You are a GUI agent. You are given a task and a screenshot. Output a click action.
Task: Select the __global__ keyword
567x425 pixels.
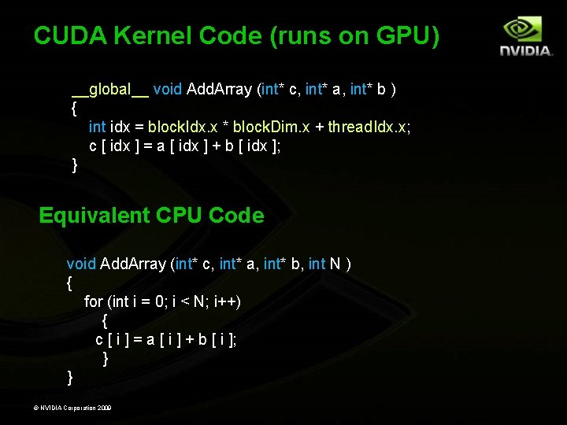[109, 89]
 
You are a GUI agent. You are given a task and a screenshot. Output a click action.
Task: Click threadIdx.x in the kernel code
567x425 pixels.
[369, 127]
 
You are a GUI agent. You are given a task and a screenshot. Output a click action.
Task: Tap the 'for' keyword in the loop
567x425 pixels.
[93, 301]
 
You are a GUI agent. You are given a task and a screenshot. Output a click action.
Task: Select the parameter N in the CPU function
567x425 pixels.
[335, 264]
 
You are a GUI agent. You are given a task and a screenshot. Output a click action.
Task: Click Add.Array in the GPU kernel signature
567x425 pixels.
[220, 89]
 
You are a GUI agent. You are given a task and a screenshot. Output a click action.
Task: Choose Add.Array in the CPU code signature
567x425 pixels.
[133, 264]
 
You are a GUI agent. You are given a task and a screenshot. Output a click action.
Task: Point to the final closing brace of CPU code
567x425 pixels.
[70, 378]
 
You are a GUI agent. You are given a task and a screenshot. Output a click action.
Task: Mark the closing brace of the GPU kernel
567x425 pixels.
[75, 164]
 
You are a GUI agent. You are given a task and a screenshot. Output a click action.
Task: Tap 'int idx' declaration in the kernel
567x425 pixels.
[108, 127]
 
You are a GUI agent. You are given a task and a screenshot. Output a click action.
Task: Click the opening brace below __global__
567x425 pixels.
[74, 108]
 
